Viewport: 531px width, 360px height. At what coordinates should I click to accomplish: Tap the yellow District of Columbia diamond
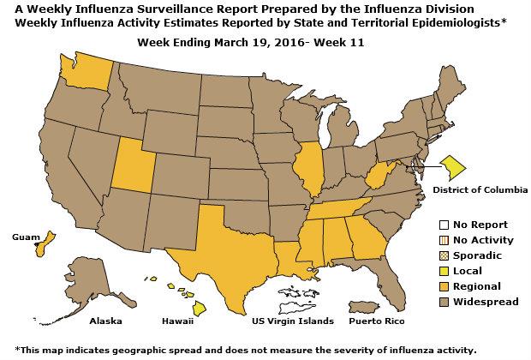point(453,163)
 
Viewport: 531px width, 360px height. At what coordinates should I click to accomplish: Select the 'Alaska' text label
point(106,321)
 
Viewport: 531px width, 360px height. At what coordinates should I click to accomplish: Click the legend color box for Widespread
point(444,302)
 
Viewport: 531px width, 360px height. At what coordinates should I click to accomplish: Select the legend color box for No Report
point(444,225)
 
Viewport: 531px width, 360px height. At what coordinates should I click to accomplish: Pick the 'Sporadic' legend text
point(478,255)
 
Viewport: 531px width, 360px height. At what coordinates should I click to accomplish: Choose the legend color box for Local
point(444,271)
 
